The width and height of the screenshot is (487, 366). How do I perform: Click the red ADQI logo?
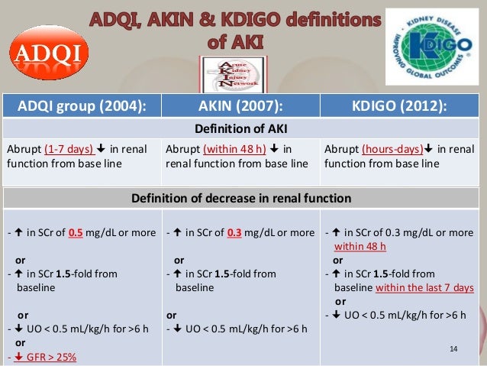tap(48, 52)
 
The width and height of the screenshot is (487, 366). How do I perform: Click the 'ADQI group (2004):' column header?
tap(82, 105)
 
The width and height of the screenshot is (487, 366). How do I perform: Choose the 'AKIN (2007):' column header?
tap(241, 105)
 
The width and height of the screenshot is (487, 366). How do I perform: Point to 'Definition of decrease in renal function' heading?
tap(241, 199)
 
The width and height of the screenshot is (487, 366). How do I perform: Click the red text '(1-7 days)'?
tap(69, 149)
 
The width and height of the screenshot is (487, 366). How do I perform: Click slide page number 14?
tap(453, 349)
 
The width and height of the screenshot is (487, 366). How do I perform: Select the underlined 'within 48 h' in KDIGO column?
tap(362, 245)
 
